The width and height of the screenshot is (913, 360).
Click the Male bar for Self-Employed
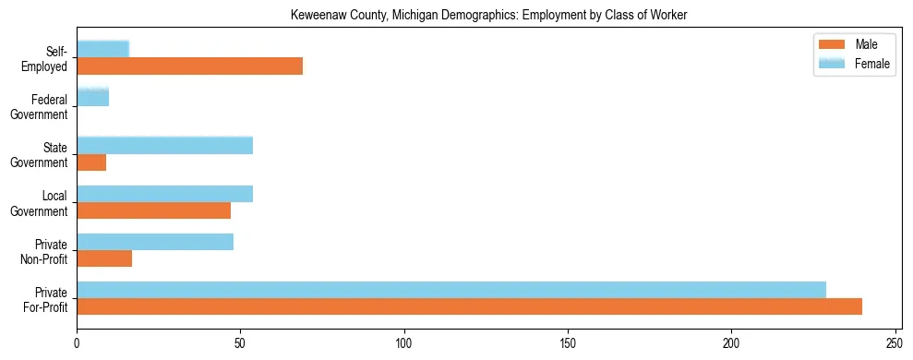coord(189,66)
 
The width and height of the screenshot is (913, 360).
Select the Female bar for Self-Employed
coord(102,49)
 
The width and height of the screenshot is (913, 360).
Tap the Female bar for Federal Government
coord(92,97)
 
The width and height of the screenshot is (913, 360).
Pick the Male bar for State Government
coord(91,162)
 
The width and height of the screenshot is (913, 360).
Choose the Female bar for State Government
coord(164,145)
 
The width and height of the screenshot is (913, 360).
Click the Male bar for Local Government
coord(153,210)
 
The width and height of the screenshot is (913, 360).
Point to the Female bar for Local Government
coord(164,194)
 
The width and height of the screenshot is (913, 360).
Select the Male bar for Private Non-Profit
coord(104,258)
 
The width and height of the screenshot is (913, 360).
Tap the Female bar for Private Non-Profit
coord(154,242)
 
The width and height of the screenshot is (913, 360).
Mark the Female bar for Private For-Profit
coord(450,290)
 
